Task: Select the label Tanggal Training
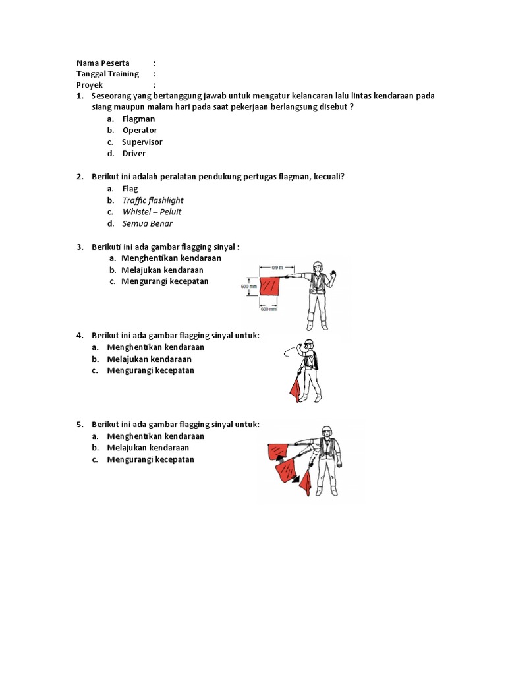107,74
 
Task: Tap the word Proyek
90,85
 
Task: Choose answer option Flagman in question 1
138,119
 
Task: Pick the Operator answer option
139,131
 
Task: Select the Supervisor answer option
142,142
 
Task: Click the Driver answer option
134,154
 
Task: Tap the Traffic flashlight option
152,200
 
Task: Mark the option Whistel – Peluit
152,212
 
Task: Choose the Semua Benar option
147,223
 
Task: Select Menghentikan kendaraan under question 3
171,258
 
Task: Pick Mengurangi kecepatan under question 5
150,459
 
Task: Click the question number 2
79,177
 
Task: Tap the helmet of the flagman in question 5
325,430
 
